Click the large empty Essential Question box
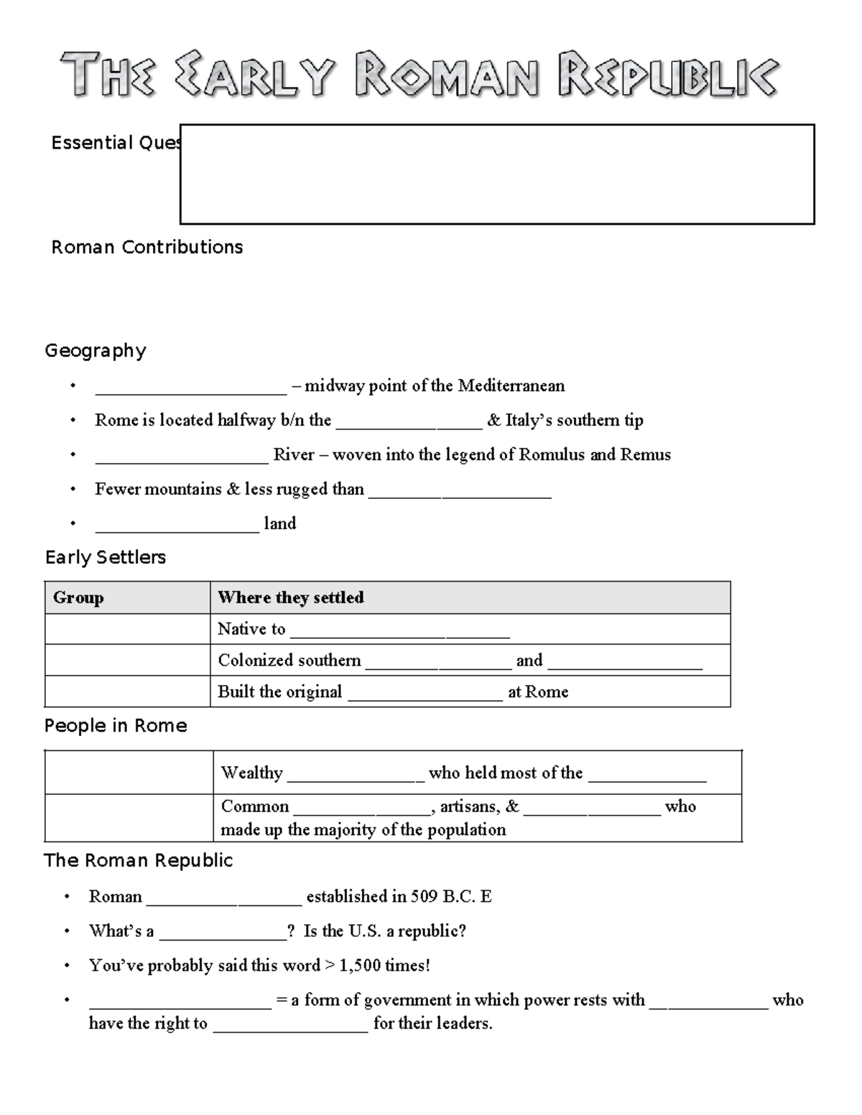click(496, 174)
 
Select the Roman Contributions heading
click(147, 248)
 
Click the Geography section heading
click(96, 351)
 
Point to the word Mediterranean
click(511, 386)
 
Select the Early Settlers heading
click(106, 558)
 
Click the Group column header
click(79, 598)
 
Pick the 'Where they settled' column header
click(291, 598)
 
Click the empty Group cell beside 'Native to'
click(127, 630)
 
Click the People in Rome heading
click(116, 727)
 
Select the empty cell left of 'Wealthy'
click(129, 773)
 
